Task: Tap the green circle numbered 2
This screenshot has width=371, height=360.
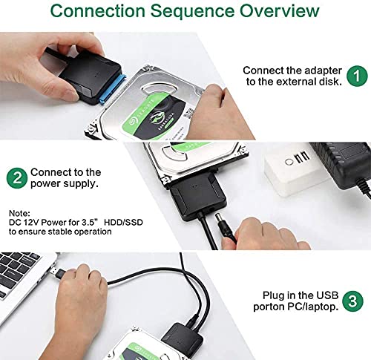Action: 15,178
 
